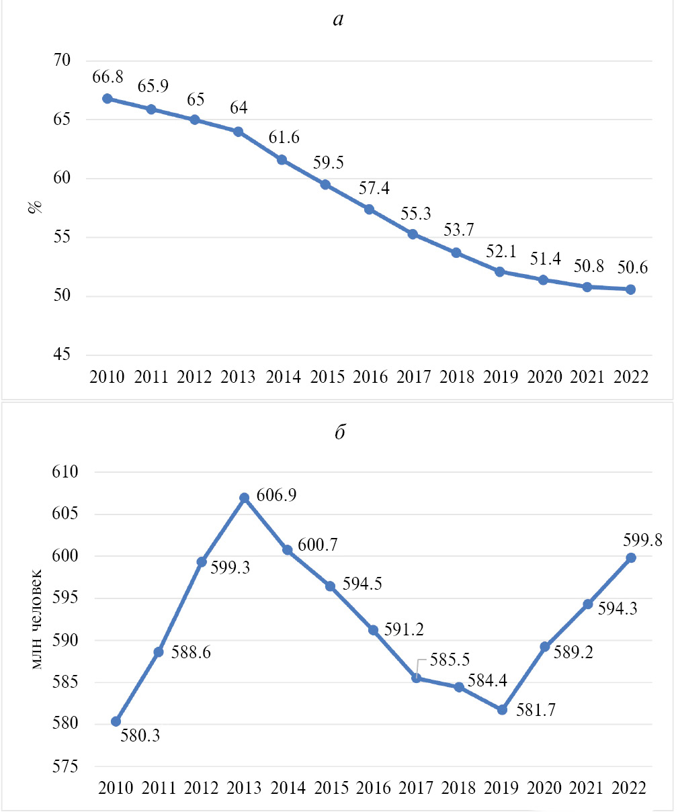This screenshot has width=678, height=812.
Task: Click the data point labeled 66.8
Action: tap(107, 99)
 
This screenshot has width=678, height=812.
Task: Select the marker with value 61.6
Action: tap(282, 160)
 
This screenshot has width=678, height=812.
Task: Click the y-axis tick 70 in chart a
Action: tap(62, 60)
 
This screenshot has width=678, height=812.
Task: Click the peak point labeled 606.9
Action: tap(245, 498)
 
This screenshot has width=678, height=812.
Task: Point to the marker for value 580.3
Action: tap(116, 721)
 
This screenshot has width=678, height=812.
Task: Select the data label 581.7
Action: tap(536, 711)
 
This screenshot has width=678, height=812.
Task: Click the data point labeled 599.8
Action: tap(631, 557)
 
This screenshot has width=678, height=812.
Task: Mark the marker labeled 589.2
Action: tap(545, 647)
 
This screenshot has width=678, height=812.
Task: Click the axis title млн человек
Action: tap(38, 619)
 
